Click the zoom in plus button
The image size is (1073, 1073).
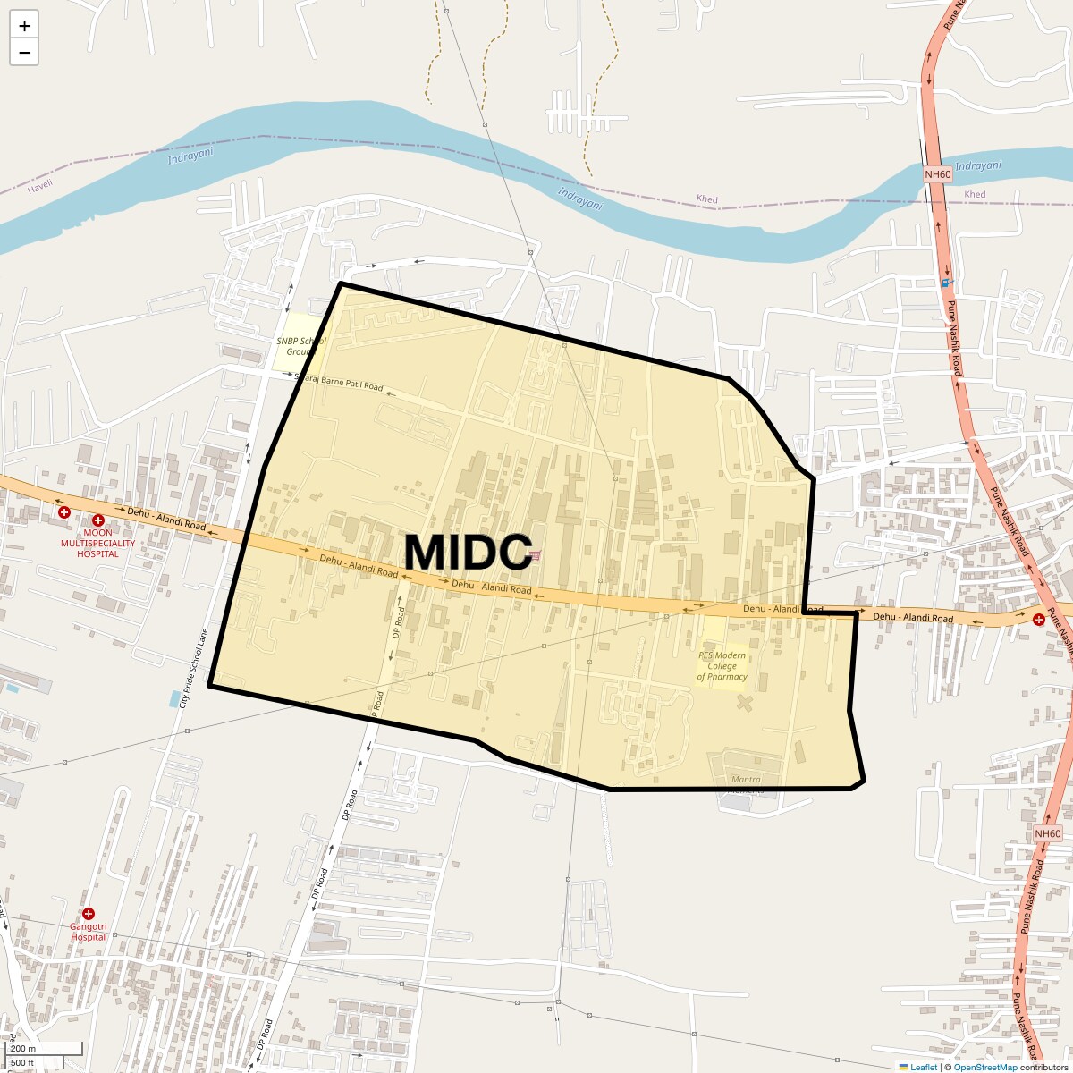pos(24,26)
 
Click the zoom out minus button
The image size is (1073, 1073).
pos(24,53)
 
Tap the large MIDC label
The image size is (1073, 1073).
pos(468,552)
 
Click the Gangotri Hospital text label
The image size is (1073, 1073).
pos(89,932)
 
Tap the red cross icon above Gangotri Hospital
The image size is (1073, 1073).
pos(89,914)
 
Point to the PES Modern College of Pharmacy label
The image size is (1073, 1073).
pos(722,666)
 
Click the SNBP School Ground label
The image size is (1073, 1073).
pos(300,346)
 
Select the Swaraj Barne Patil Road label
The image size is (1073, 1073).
pos(340,383)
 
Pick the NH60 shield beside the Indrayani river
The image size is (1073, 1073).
pos(938,174)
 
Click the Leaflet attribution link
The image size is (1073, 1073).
pos(924,1067)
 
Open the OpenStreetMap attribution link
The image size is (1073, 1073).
pos(985,1067)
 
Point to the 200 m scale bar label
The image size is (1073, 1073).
pos(23,1049)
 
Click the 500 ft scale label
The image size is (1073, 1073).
pos(21,1063)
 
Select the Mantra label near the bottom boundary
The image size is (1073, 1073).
pos(746,780)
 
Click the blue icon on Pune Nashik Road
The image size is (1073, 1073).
pos(947,283)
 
